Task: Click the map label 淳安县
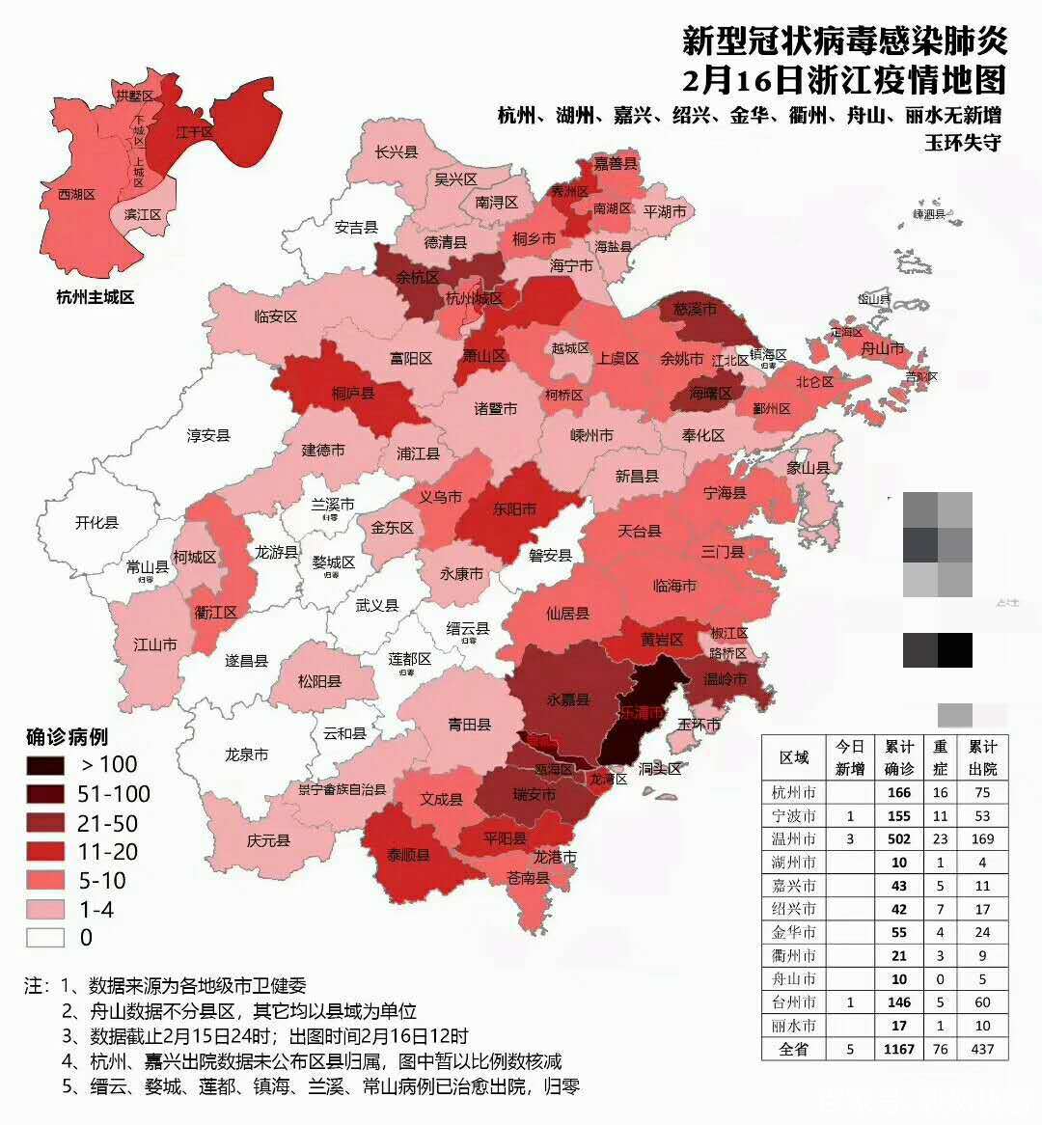pyautogui.click(x=208, y=435)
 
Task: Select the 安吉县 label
pyautogui.click(x=356, y=228)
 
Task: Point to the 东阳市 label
pyautogui.click(x=514, y=508)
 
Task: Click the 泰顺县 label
pyautogui.click(x=410, y=855)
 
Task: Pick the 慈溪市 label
pyautogui.click(x=695, y=310)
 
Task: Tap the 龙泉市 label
pyautogui.click(x=246, y=755)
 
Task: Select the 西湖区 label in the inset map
pyautogui.click(x=76, y=195)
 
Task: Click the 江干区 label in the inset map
pyautogui.click(x=194, y=131)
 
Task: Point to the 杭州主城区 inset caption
pyautogui.click(x=95, y=297)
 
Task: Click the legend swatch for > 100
pyautogui.click(x=45, y=765)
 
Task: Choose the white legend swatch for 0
pyautogui.click(x=45, y=937)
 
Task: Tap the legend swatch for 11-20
pyautogui.click(x=45, y=852)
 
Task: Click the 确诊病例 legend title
pyautogui.click(x=67, y=738)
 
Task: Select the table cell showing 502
pyautogui.click(x=899, y=838)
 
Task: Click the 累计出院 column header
pyautogui.click(x=982, y=757)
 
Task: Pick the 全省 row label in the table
pyautogui.click(x=794, y=1049)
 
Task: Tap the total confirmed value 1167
pyautogui.click(x=899, y=1049)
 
